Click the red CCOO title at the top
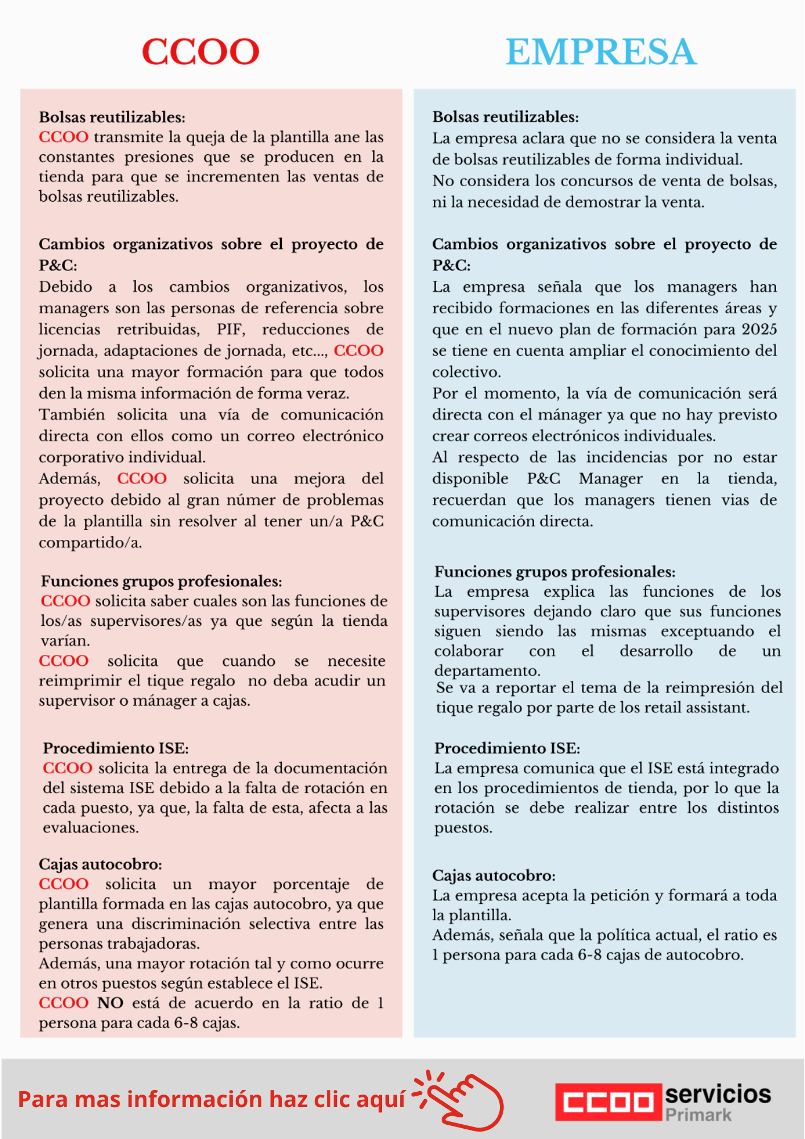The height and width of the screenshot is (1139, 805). (200, 52)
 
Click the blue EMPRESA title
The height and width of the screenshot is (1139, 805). (601, 52)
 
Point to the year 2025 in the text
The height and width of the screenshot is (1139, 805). (759, 330)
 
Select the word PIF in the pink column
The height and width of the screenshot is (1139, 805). (230, 330)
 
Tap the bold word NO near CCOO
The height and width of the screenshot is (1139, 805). (110, 1003)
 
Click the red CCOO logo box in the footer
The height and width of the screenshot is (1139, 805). (609, 1102)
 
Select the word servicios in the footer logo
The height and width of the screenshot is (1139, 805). (718, 1094)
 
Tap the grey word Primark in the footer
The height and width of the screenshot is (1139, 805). (698, 1115)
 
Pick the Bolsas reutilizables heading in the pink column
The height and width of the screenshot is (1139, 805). (112, 117)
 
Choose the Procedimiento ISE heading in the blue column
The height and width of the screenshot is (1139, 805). (507, 748)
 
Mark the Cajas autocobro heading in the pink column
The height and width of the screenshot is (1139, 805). (100, 865)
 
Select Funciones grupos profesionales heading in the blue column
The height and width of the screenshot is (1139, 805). (555, 572)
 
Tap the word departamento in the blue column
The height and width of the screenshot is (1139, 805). (487, 671)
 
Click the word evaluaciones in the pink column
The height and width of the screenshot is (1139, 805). (91, 828)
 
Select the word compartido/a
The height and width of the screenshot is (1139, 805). (90, 543)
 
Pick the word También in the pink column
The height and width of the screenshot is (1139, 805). (72, 415)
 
